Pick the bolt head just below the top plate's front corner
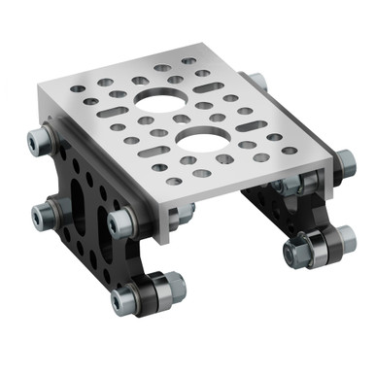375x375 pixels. (120, 223)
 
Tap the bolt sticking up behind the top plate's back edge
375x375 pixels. (255, 82)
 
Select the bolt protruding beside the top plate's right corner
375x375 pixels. (343, 165)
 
